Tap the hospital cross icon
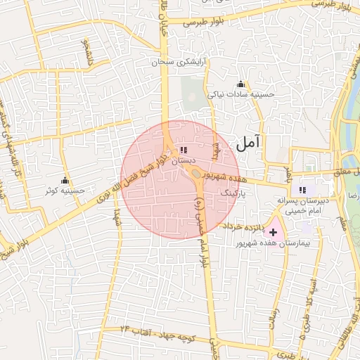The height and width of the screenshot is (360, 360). tap(273, 232)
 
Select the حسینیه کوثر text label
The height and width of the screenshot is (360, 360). tap(65, 191)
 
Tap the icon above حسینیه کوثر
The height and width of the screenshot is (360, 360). tap(65, 181)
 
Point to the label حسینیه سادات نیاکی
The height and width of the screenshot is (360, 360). tap(240, 94)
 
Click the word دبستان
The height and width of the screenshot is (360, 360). tap(182, 160)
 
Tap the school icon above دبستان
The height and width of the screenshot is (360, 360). tap(184, 150)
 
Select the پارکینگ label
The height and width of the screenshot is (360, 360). tap(235, 191)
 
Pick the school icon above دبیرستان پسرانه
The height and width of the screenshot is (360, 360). tap(302, 190)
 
